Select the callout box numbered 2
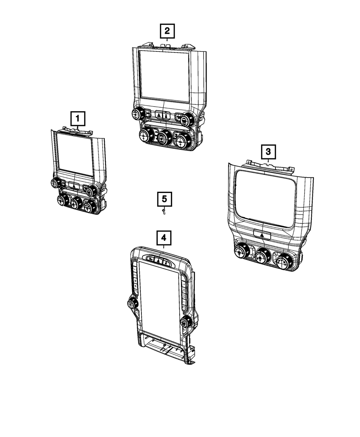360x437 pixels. pyautogui.click(x=167, y=31)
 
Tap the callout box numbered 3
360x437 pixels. pyautogui.click(x=268, y=152)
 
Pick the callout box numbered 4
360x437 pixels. pyautogui.click(x=163, y=238)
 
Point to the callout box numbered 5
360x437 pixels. pyautogui.click(x=164, y=199)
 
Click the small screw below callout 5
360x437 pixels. pyautogui.click(x=164, y=212)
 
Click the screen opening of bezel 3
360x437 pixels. pyautogui.click(x=266, y=198)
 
